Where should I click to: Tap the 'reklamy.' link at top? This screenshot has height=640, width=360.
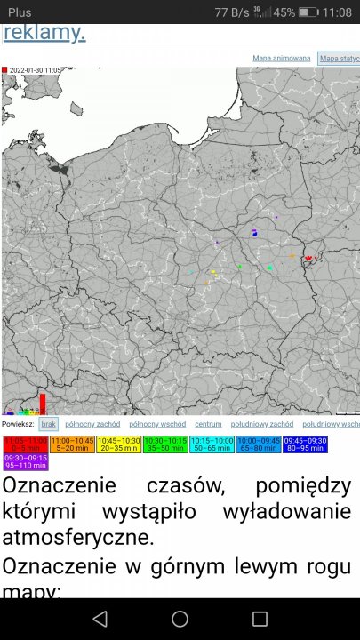click(44, 33)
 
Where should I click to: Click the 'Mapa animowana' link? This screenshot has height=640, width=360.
click(282, 59)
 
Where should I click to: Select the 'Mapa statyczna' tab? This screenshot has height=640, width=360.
click(339, 59)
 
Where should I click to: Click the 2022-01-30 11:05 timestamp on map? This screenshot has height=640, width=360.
click(34, 69)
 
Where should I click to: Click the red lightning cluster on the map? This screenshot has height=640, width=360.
click(308, 258)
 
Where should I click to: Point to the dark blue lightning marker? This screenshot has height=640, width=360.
click(255, 234)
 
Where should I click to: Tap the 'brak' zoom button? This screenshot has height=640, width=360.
click(49, 424)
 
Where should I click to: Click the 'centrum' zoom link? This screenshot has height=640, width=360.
click(208, 424)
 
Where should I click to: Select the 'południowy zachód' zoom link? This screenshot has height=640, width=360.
click(262, 424)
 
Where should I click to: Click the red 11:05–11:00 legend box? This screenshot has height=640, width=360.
click(26, 444)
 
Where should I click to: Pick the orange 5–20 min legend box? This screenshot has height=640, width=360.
click(72, 444)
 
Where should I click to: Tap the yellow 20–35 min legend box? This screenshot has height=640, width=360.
click(118, 444)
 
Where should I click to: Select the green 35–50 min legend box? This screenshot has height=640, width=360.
click(164, 444)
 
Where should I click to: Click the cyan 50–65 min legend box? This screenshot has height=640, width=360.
click(212, 444)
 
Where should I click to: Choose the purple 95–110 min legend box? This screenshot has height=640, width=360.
click(26, 461)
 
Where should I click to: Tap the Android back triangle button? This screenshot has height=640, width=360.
click(100, 619)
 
